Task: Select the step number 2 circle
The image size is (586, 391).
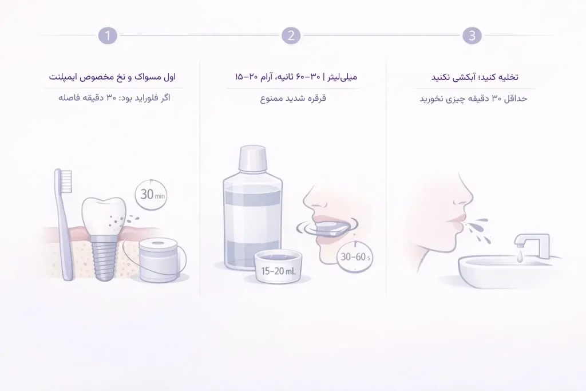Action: [x=291, y=35]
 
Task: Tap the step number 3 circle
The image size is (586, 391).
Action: [x=472, y=35]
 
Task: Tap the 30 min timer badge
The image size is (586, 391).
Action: [x=151, y=195]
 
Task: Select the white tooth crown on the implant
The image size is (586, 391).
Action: [x=104, y=214]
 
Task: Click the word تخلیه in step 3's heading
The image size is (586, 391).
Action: [x=507, y=76]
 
